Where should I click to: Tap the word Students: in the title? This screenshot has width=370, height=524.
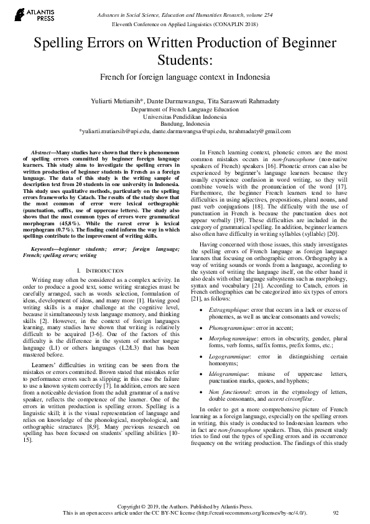point(185,61)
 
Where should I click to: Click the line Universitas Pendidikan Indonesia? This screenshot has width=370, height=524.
point(185,116)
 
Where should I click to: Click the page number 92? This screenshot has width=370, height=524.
point(336,512)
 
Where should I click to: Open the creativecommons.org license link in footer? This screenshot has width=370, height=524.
point(256,512)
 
